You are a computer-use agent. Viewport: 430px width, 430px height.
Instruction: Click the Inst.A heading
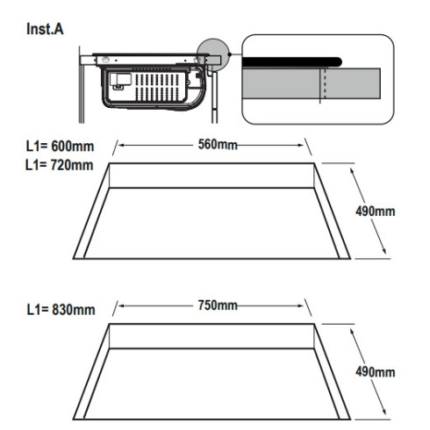[x=45, y=29]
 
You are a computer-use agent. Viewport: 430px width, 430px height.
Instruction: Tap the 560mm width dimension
[x=218, y=145]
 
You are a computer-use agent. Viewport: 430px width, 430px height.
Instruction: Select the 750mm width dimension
[x=218, y=305]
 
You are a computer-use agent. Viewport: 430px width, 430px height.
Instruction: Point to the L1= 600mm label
[x=60, y=147]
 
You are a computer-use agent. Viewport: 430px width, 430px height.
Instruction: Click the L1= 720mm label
[x=60, y=165]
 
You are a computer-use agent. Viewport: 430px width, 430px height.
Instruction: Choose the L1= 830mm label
[x=61, y=310]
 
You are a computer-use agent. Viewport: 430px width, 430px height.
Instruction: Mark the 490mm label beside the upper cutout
[x=376, y=211]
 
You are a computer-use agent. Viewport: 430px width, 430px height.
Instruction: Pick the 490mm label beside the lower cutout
[x=376, y=372]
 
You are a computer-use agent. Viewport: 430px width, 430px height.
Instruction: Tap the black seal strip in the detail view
[x=292, y=62]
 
